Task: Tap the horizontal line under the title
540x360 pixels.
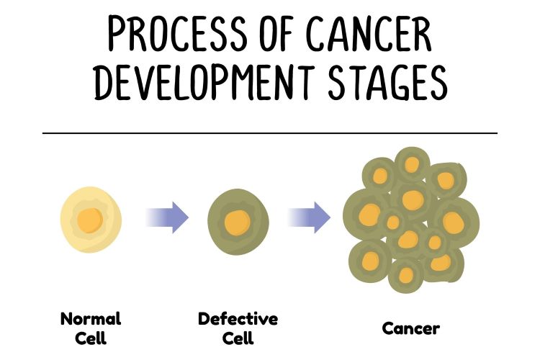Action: pyautogui.click(x=270, y=133)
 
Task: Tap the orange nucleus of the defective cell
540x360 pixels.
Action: pyautogui.click(x=237, y=219)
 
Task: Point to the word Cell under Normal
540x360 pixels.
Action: pyautogui.click(x=91, y=338)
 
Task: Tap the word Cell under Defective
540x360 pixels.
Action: pyautogui.click(x=238, y=338)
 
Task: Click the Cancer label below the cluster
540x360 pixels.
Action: pyautogui.click(x=411, y=329)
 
